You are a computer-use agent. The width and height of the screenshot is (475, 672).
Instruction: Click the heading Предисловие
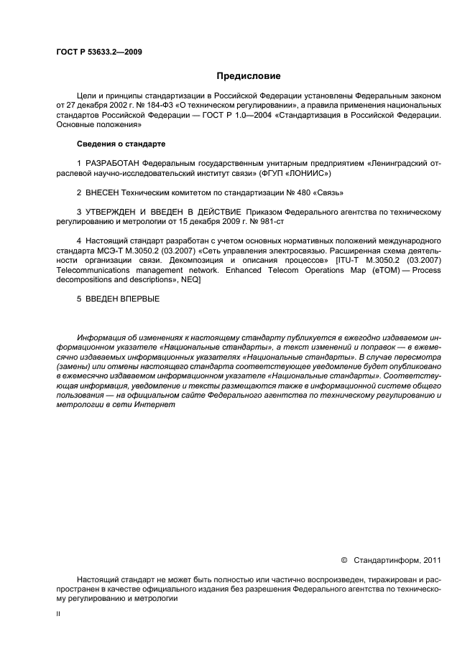pos(248,76)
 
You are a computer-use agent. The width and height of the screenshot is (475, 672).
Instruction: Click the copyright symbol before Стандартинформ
pos(343,559)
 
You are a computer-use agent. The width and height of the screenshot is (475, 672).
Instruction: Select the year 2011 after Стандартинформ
pos(429,559)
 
